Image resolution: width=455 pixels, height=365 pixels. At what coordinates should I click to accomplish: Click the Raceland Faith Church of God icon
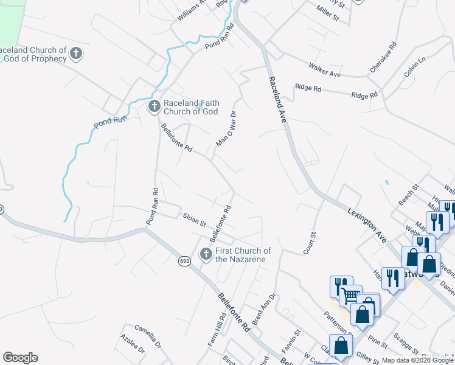[x=153, y=107]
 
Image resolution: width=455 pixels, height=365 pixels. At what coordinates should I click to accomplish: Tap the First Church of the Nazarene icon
[x=206, y=254]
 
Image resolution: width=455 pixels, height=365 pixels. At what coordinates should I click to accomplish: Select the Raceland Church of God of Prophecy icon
[x=76, y=54]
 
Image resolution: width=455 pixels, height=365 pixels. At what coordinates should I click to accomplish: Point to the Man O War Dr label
[x=226, y=128]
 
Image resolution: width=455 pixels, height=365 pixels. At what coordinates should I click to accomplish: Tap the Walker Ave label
[x=324, y=69]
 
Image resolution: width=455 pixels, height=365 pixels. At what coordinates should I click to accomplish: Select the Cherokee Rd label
[x=383, y=58]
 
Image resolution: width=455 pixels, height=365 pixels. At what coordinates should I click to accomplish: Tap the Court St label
[x=310, y=243]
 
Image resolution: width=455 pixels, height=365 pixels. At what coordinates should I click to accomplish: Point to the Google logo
[x=20, y=358]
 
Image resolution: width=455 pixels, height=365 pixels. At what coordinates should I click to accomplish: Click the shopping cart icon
[x=350, y=296]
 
